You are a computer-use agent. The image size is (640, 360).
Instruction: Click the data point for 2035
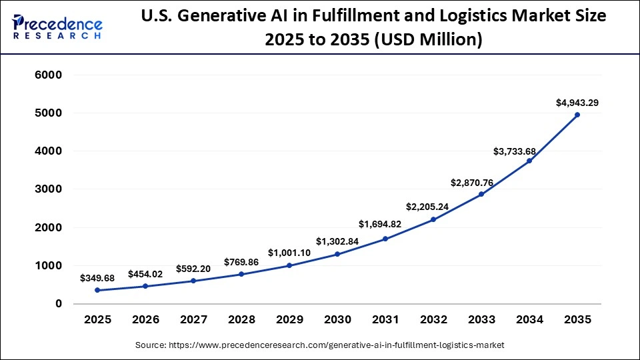coord(577,115)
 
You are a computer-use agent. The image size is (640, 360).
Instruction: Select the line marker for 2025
coord(97,290)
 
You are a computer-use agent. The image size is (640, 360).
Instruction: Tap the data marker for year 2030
coord(337,254)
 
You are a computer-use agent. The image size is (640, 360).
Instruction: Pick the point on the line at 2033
coord(481,194)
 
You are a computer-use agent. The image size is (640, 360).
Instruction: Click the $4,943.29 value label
coord(577,103)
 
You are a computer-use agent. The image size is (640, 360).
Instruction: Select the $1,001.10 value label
coord(289,253)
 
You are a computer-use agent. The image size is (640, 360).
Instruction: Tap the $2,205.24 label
coord(433,207)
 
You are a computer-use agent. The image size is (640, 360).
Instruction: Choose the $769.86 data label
coord(240,261)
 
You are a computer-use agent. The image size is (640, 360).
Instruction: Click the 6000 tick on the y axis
coord(48,75)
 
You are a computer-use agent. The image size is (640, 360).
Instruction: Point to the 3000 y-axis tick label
coord(48,189)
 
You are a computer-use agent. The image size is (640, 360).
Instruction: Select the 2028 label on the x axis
coord(241,320)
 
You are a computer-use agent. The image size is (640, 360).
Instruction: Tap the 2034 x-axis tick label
coord(529,320)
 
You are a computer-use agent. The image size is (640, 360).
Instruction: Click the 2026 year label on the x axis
coord(145,320)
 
